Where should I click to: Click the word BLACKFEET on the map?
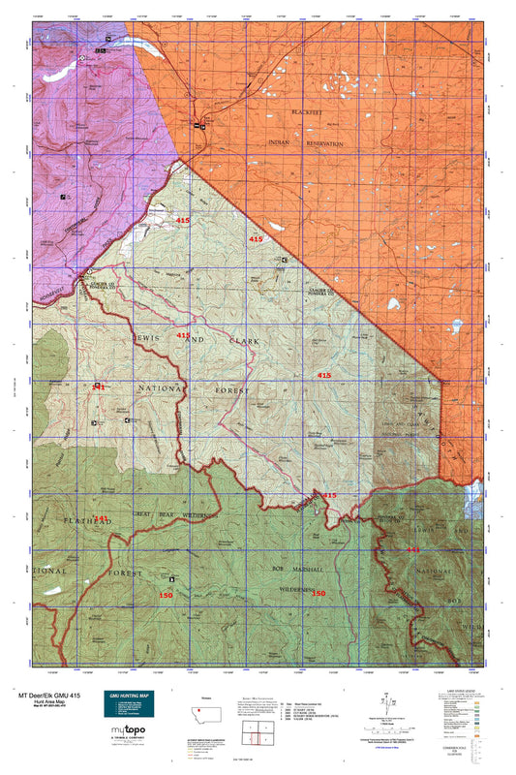click(312, 113)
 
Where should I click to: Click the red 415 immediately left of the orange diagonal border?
click(256, 238)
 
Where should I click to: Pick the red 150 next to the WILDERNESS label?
click(318, 593)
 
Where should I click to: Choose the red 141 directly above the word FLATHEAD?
click(100, 518)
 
